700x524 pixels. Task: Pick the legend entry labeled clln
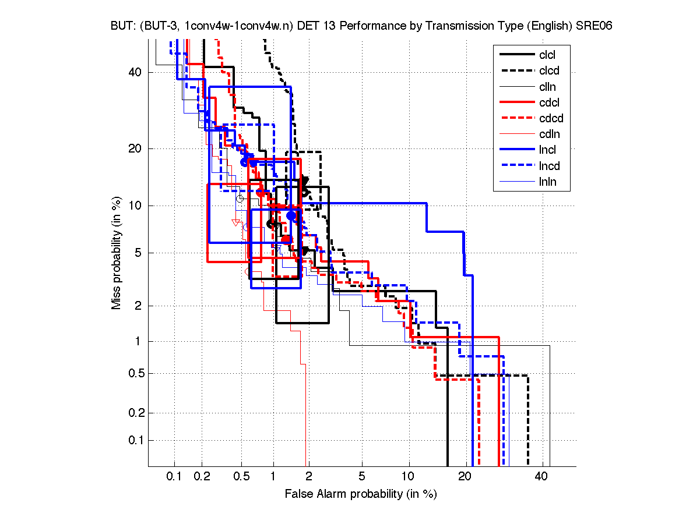547,87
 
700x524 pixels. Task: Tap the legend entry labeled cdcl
549,102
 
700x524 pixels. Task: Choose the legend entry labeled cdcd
551,118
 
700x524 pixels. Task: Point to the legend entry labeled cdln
549,134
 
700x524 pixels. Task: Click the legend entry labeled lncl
548,150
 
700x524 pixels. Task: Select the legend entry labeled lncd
550,166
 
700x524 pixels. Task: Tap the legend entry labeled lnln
547,182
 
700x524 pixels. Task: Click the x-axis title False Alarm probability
360,494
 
